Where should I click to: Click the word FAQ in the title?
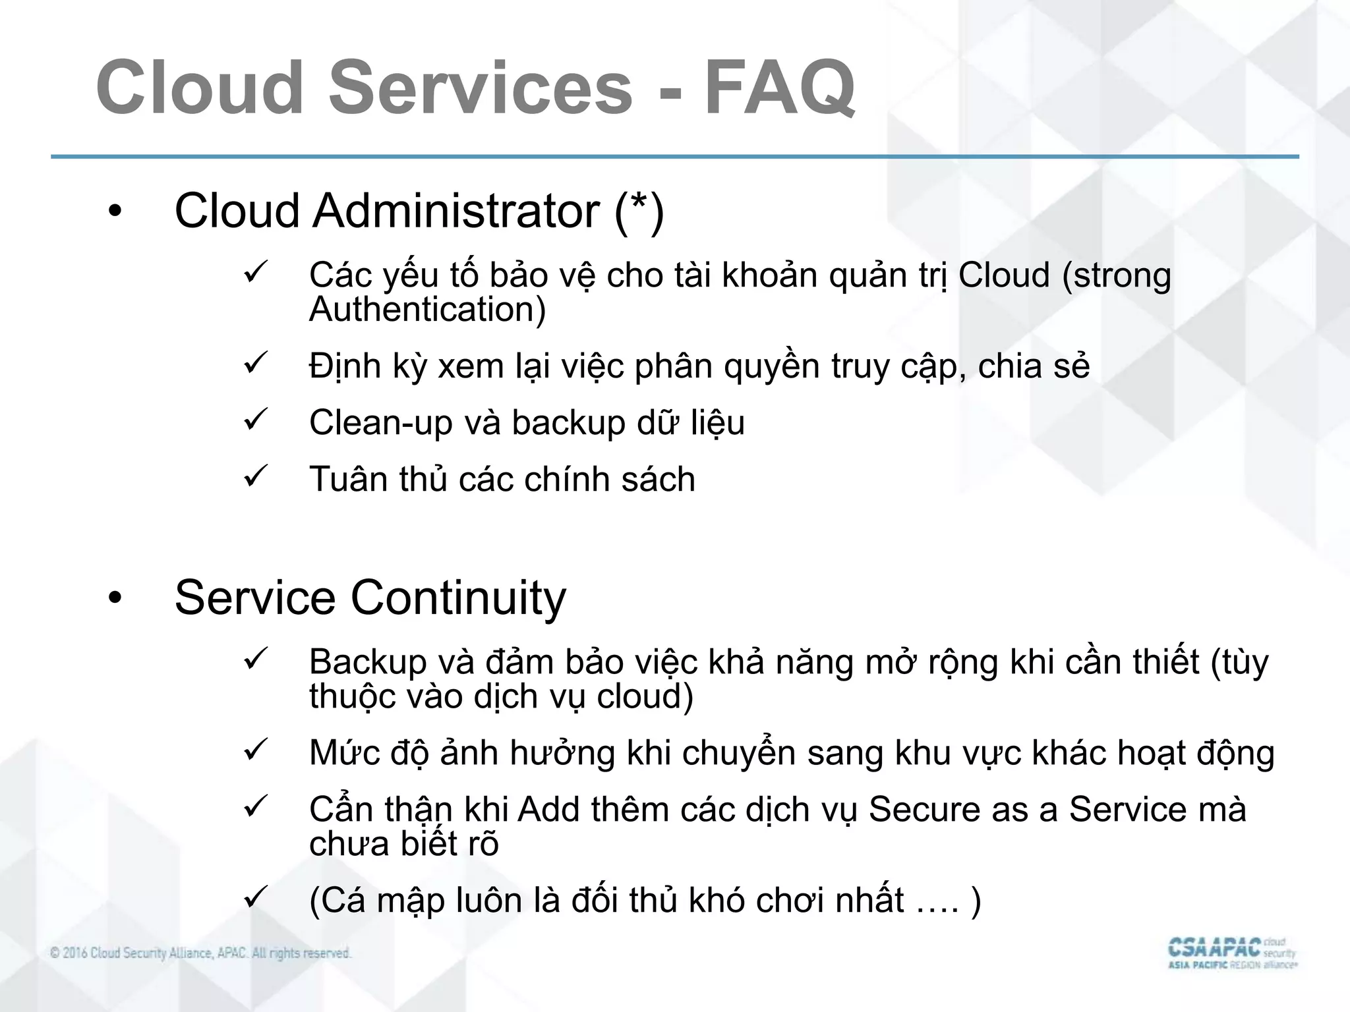point(780,88)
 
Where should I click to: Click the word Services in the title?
point(481,88)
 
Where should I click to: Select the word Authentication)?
point(428,309)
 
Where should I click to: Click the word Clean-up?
point(380,422)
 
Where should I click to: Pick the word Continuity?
point(458,598)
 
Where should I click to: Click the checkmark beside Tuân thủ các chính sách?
point(254,476)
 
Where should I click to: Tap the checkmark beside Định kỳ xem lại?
point(254,363)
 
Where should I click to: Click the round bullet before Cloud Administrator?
point(116,212)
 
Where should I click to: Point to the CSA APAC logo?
point(1231,953)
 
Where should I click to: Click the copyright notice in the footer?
point(200,953)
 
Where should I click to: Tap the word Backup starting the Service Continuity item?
point(368,661)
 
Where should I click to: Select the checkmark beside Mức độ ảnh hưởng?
point(254,750)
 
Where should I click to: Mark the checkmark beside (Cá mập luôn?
point(254,897)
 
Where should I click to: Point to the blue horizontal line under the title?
point(675,157)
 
